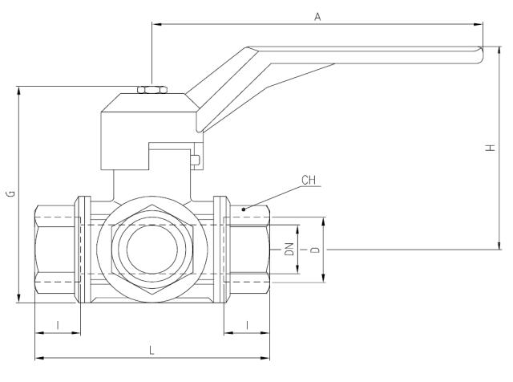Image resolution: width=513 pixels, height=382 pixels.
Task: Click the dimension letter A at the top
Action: pos(317,17)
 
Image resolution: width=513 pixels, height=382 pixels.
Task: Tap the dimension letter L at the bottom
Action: pos(152,350)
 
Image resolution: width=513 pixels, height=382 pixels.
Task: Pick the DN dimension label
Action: pos(289,250)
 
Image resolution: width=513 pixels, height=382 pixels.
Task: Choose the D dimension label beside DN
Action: pos(316,250)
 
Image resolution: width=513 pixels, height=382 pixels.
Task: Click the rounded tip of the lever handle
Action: pos(480,55)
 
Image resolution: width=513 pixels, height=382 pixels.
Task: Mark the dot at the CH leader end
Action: pos(244,209)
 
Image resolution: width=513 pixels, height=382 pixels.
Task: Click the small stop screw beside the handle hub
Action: pos(194,159)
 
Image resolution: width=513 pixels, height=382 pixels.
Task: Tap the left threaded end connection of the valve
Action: pos(56,250)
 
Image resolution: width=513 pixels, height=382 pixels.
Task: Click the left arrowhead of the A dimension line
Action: pos(154,24)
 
